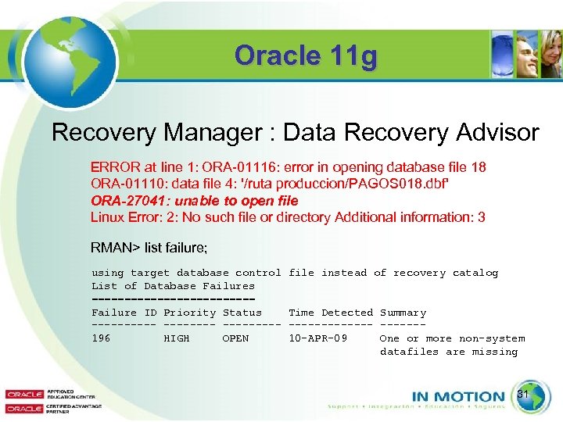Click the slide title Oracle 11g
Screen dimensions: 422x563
pyautogui.click(x=306, y=56)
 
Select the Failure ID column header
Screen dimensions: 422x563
pyautogui.click(x=124, y=313)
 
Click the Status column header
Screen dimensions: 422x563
pyautogui.click(x=242, y=313)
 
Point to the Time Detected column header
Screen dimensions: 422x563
pyautogui.click(x=331, y=313)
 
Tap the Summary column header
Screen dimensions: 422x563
pyautogui.click(x=403, y=313)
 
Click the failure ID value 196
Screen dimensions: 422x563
pyautogui.click(x=101, y=338)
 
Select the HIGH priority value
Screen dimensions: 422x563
pyautogui.click(x=176, y=338)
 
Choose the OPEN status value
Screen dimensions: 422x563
pyautogui.click(x=235, y=338)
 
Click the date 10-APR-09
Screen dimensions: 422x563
pyautogui.click(x=317, y=338)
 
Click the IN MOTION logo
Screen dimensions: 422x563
pyautogui.click(x=458, y=396)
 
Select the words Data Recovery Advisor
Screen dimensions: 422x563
pyautogui.click(x=411, y=132)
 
